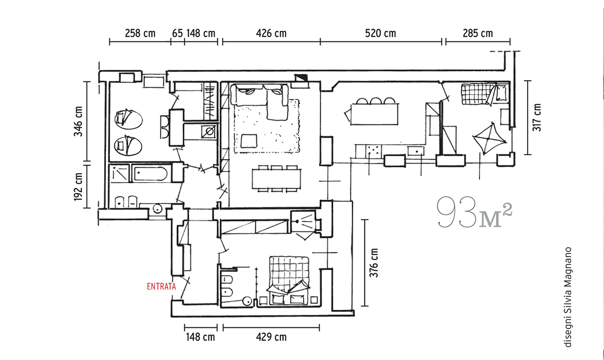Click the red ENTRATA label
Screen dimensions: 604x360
(162, 286)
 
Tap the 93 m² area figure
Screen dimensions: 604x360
(474, 212)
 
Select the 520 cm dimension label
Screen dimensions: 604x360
(380, 33)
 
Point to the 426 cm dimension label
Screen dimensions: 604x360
(271, 33)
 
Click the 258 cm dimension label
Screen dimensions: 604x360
(140, 33)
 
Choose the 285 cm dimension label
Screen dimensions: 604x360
(478, 33)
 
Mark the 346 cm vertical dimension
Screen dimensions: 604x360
(78, 121)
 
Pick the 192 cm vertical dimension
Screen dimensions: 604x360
(78, 186)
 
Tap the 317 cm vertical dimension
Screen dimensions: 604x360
(537, 118)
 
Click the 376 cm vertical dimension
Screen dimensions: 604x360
(374, 263)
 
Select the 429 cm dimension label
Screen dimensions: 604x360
(271, 337)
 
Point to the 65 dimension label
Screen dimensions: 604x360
(177, 33)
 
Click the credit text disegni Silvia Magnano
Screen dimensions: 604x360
(568, 297)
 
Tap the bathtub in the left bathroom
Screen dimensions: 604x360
(150, 174)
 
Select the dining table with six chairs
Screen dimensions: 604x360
(276, 179)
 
